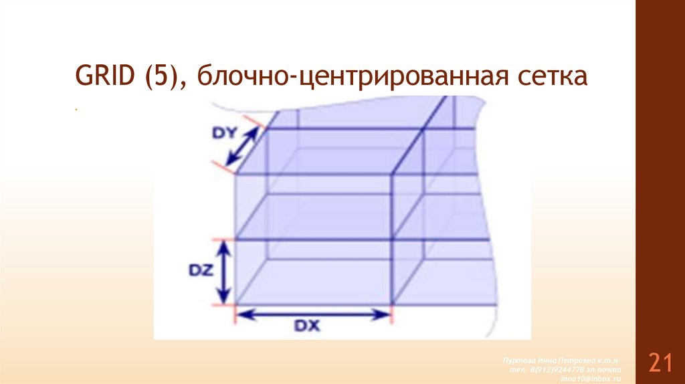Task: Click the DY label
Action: [x=225, y=133]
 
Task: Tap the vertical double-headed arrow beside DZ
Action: [x=225, y=272]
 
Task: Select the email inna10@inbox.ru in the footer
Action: [x=591, y=379]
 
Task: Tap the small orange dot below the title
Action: [x=77, y=108]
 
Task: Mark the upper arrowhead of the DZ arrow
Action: [x=225, y=246]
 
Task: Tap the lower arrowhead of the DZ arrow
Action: [x=225, y=298]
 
